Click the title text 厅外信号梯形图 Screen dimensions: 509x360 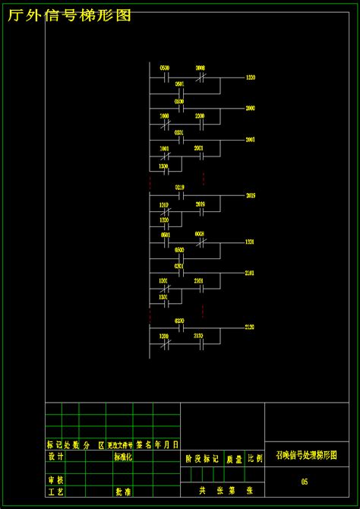coord(70,14)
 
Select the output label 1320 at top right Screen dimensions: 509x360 coord(250,77)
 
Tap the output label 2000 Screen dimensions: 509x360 coord(250,109)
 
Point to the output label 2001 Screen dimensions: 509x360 coord(250,140)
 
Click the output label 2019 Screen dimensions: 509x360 coord(250,195)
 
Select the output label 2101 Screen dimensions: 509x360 coord(250,272)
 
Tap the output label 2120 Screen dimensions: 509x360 coord(250,327)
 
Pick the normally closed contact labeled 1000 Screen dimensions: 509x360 coord(165,122)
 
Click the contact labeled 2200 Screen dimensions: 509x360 coord(200,122)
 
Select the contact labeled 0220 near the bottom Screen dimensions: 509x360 coord(180,327)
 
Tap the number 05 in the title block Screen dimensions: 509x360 coord(304,482)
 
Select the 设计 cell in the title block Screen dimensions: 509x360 coord(55,457)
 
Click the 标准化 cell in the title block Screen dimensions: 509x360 coord(123,457)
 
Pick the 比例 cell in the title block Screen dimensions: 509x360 coord(254,459)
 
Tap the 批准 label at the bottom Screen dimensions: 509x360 coord(123,492)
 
